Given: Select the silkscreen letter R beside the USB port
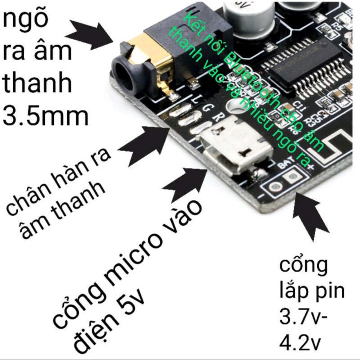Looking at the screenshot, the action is [x=216, y=117].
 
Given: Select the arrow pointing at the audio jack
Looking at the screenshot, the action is [x=90, y=35].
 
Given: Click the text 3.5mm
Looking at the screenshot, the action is [x=45, y=116].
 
